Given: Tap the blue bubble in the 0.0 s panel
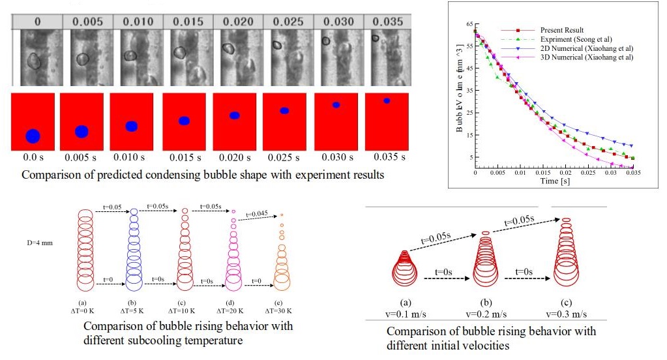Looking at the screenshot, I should pyautogui.click(x=33, y=136).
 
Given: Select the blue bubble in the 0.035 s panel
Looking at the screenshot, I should pyautogui.click(x=387, y=100).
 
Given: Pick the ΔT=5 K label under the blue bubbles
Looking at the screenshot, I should pyautogui.click(x=133, y=310).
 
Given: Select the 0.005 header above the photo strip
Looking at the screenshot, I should pyautogui.click(x=84, y=22).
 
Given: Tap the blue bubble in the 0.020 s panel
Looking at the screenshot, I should pyautogui.click(x=235, y=115).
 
